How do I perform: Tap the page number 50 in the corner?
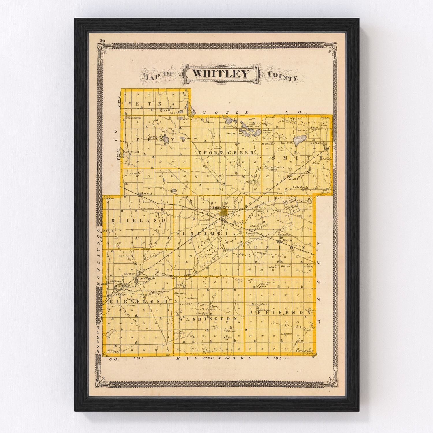(x=102, y=41)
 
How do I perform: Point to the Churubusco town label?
(x=317, y=143)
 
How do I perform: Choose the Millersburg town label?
(x=123, y=287)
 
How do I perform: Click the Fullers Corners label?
(x=274, y=167)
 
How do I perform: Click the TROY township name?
(x=156, y=139)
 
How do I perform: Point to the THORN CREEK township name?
(x=226, y=152)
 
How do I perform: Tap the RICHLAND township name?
(x=138, y=220)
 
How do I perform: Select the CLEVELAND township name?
(x=138, y=301)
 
